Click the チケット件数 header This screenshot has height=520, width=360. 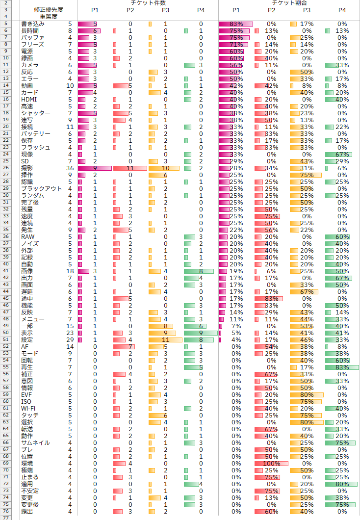pos(148,3)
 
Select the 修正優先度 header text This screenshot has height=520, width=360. pos(49,10)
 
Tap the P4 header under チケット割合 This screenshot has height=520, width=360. pos(342,10)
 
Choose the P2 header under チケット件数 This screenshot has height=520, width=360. pos(130,10)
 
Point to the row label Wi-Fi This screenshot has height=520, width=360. pos(28,408)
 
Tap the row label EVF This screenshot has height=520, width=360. pos(27,394)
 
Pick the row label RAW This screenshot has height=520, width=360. pos(27,236)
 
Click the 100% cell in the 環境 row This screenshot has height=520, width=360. pos(271,463)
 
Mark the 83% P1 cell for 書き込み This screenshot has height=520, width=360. pos(236,24)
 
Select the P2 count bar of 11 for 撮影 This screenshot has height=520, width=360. pos(130,168)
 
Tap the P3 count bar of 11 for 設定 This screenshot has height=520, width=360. pos(165,339)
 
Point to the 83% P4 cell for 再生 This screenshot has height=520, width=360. pos(342,367)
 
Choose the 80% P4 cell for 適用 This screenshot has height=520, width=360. pos(342,484)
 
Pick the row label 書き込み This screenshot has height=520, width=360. pos(33,24)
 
